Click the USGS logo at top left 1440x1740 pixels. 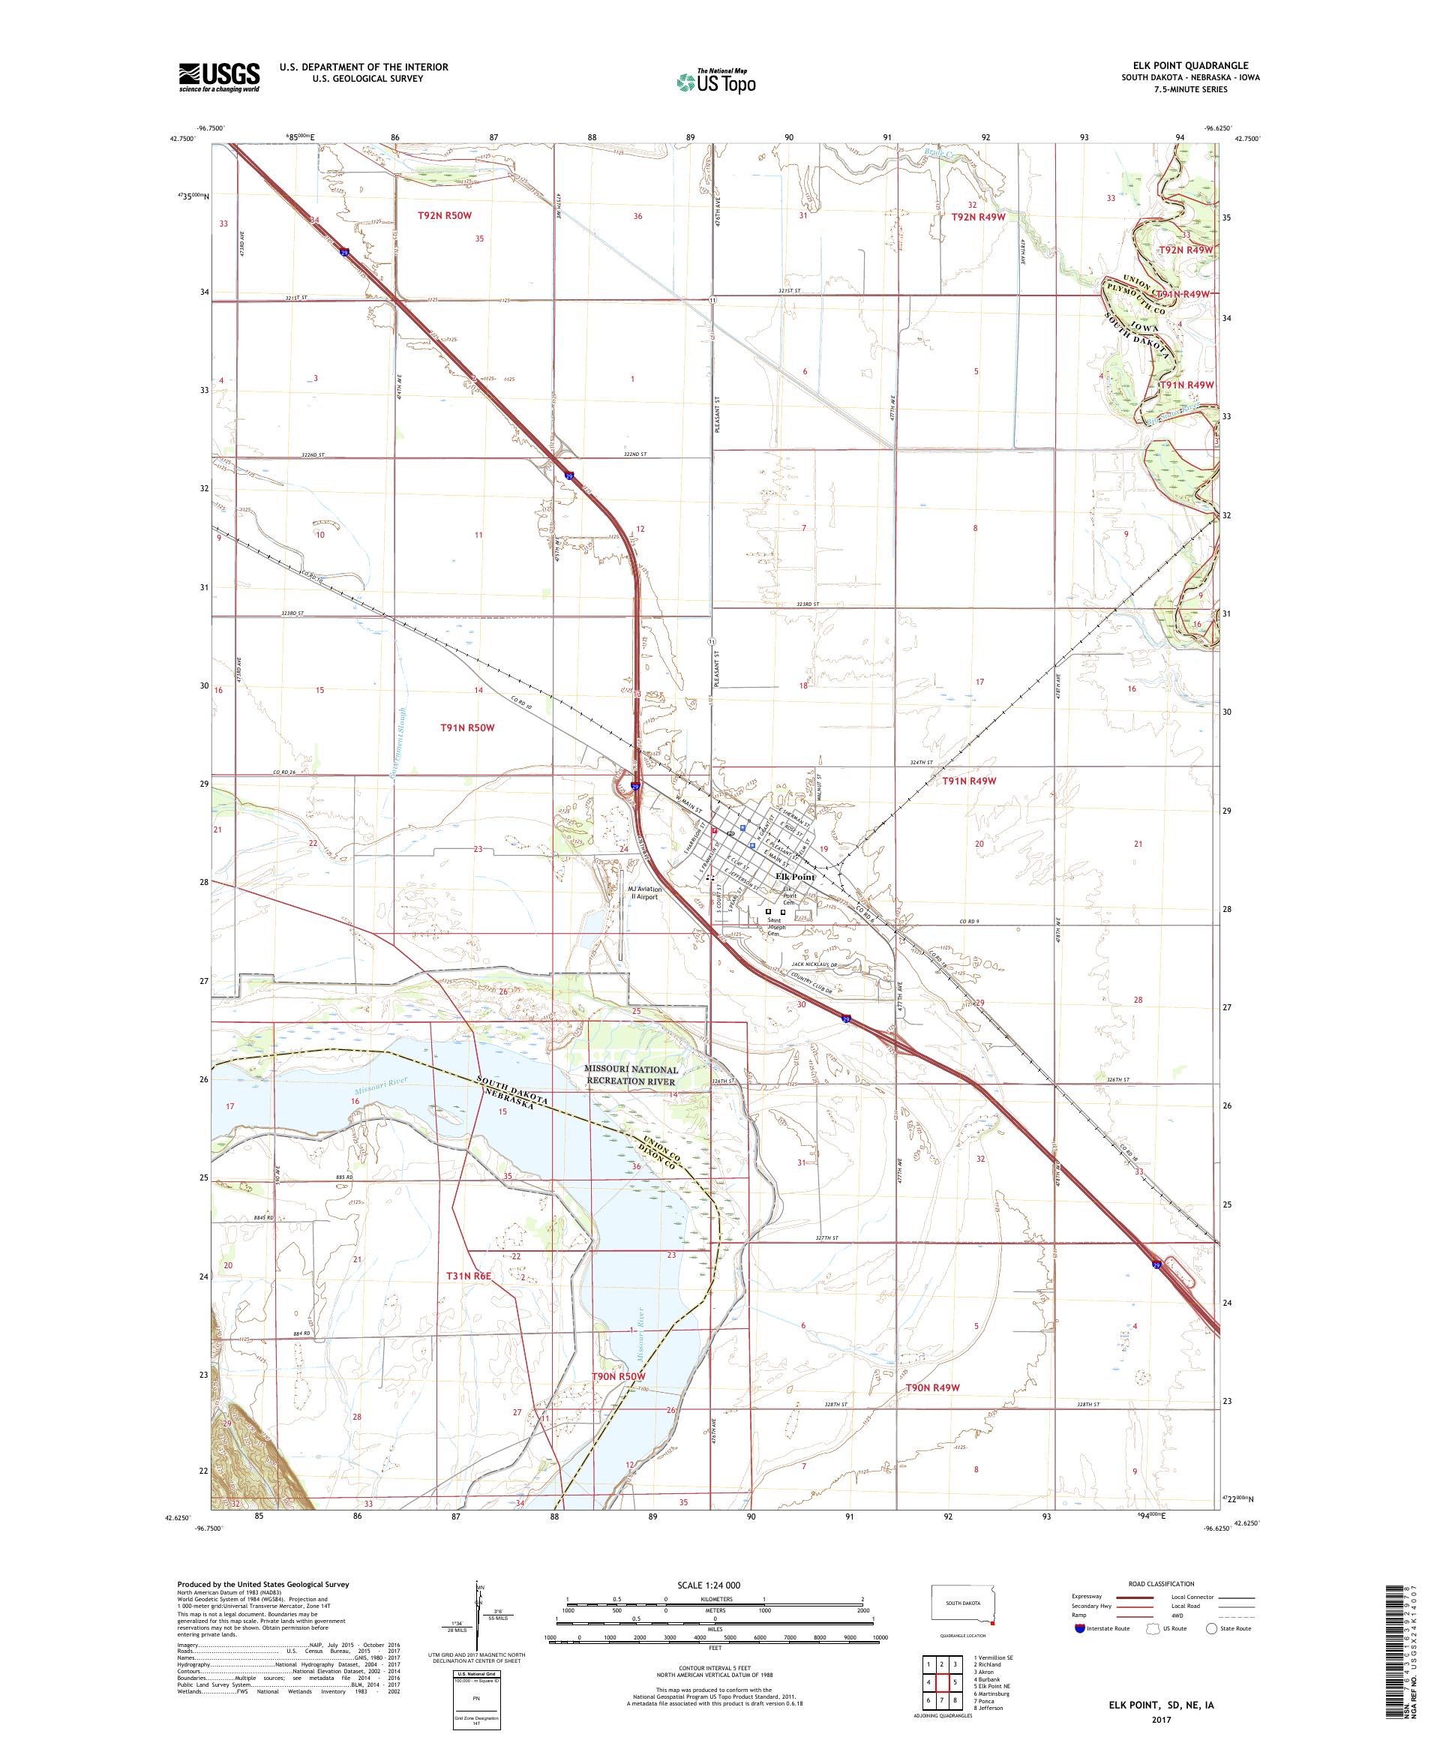coord(219,78)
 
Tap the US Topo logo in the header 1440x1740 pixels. coord(715,81)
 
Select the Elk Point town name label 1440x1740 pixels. coord(793,877)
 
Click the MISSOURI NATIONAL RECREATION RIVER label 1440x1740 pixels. coord(631,1075)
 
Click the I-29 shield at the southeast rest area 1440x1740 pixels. coord(1156,1265)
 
